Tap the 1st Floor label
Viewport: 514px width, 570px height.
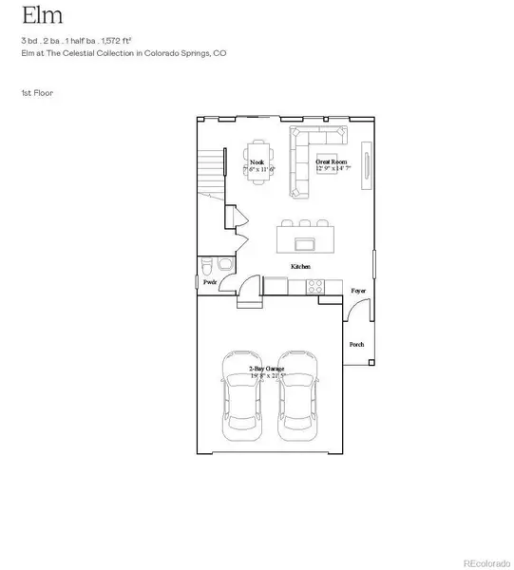pos(34,93)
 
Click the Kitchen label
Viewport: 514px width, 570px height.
pos(302,268)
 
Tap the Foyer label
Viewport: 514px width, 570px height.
pos(358,290)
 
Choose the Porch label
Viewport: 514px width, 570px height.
pos(357,344)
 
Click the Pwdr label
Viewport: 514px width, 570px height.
pos(210,282)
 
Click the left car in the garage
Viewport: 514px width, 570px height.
pos(240,399)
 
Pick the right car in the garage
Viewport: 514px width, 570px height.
pos(297,399)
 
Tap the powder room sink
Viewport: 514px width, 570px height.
pos(207,265)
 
